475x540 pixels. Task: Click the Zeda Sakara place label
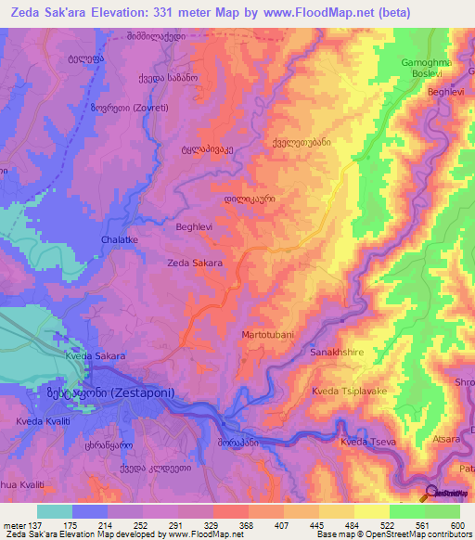point(194,264)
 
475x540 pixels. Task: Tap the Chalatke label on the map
point(119,240)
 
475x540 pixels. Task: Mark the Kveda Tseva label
point(368,443)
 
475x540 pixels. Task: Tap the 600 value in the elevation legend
point(456,526)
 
